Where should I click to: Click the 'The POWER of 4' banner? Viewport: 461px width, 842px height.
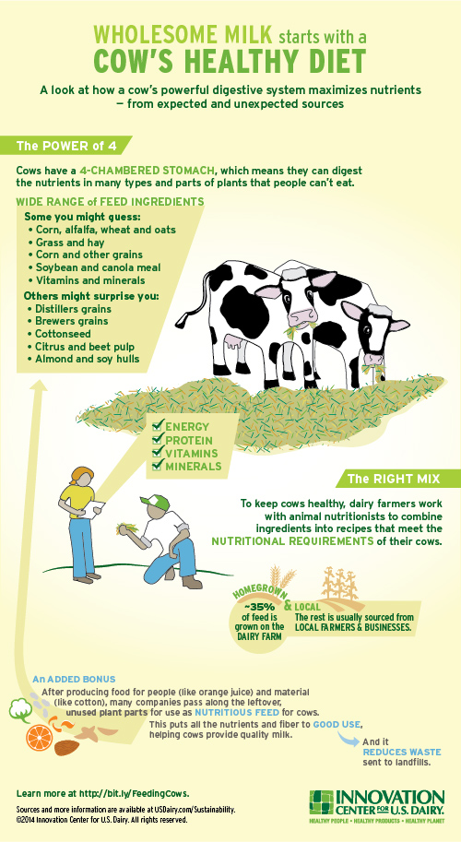point(65,146)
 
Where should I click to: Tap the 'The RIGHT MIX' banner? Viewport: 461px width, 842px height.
point(397,479)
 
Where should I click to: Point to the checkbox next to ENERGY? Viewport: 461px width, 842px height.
point(158,427)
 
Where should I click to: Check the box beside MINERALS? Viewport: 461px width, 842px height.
point(158,466)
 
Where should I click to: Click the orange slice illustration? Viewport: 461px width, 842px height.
point(39,737)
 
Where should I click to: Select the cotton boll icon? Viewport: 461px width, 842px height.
point(21,710)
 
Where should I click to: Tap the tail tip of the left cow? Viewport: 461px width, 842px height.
point(181,321)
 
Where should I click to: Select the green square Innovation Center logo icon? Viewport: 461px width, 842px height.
point(321,801)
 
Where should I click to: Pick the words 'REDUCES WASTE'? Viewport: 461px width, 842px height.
point(395,753)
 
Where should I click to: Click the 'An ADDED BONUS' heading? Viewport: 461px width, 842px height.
point(74,679)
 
